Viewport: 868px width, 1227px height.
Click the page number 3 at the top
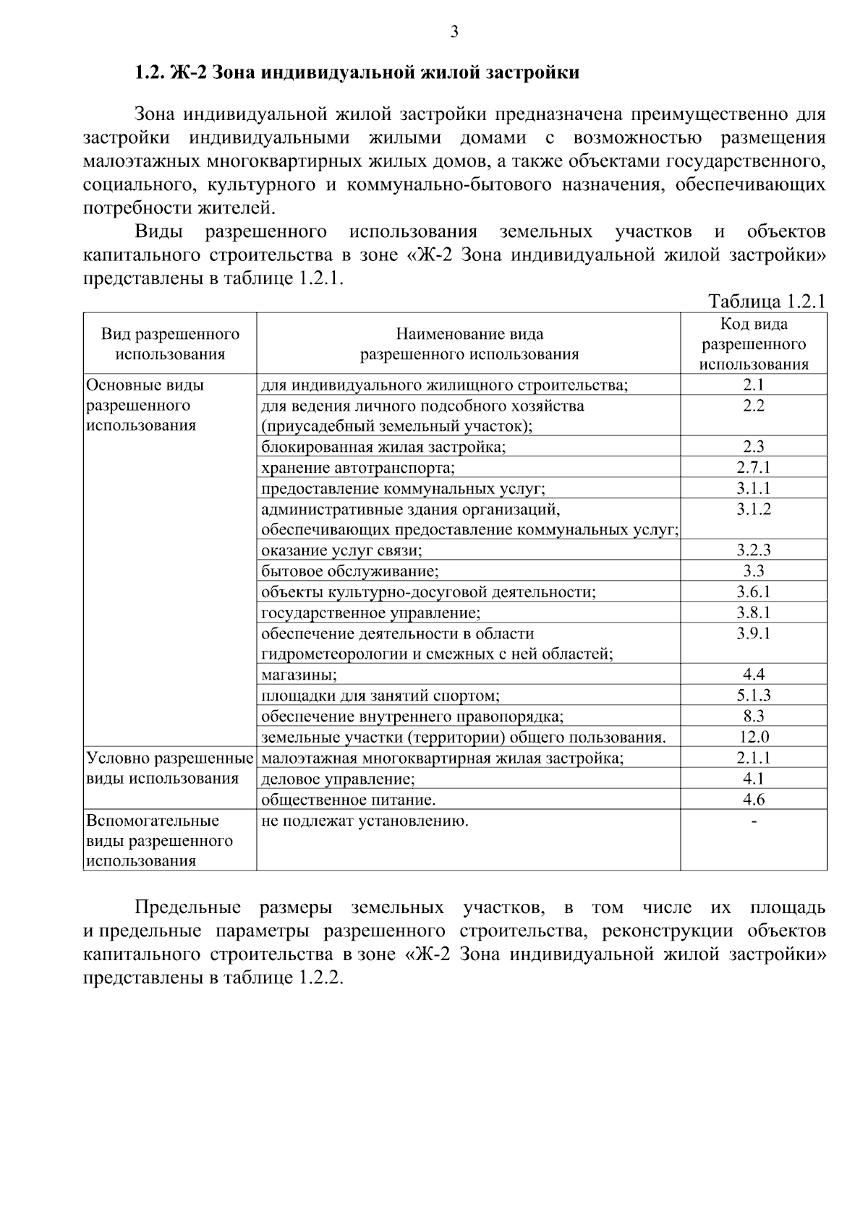click(454, 31)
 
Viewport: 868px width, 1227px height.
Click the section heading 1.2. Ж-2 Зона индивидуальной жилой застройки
click(357, 72)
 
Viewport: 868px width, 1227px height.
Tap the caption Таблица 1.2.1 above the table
click(766, 302)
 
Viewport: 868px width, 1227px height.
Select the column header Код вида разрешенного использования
click(754, 344)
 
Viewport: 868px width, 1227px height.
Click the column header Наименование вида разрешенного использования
click(469, 344)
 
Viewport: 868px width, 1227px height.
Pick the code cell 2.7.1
click(754, 467)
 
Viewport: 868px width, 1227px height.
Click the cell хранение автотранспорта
click(358, 468)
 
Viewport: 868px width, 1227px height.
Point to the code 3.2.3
click(754, 550)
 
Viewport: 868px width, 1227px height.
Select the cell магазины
click(299, 675)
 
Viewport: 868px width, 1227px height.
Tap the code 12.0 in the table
click(754, 737)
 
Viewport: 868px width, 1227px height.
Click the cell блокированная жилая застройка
click(383, 447)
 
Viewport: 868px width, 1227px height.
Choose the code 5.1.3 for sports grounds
click(754, 696)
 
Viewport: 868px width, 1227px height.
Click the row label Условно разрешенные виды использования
click(169, 768)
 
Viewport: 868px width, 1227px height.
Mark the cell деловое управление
click(338, 779)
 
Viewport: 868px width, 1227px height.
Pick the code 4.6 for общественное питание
click(754, 800)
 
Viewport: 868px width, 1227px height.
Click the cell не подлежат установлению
click(365, 821)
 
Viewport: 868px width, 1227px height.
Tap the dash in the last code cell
click(754, 821)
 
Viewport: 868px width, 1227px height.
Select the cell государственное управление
click(370, 613)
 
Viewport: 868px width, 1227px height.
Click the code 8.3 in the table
click(754, 716)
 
